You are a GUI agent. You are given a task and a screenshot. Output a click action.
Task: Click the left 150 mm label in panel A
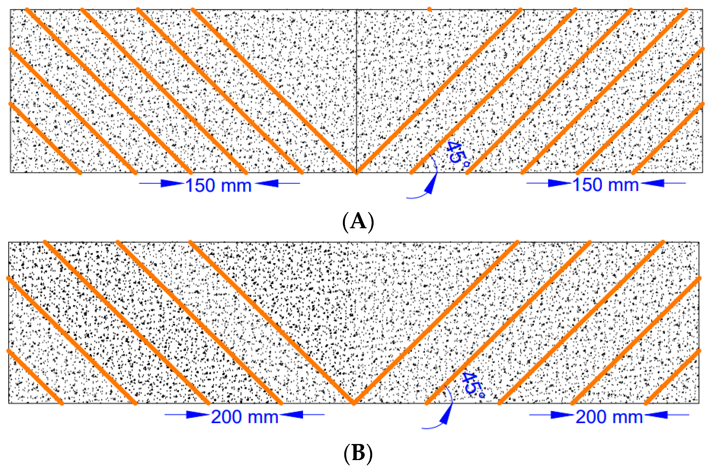(x=218, y=185)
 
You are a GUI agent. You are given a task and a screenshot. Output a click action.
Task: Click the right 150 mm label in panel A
(x=606, y=185)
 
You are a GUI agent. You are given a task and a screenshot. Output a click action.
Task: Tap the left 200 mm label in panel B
(x=245, y=417)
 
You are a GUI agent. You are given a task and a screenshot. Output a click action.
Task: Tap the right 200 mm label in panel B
(x=609, y=417)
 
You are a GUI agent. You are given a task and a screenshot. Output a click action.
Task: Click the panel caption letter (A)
(x=358, y=221)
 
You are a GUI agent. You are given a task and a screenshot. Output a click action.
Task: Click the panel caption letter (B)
(x=358, y=453)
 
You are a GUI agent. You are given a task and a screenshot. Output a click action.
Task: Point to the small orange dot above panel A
(x=429, y=9)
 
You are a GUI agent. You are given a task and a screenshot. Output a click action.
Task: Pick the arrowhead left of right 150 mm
(x=559, y=183)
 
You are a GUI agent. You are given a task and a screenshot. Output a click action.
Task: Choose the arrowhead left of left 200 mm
(x=197, y=414)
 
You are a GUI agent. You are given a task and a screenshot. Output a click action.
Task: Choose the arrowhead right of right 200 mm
(x=656, y=414)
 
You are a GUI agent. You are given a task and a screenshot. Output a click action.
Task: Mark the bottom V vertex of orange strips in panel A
(x=356, y=173)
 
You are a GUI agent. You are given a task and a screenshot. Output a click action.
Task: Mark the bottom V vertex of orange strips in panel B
(x=354, y=403)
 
